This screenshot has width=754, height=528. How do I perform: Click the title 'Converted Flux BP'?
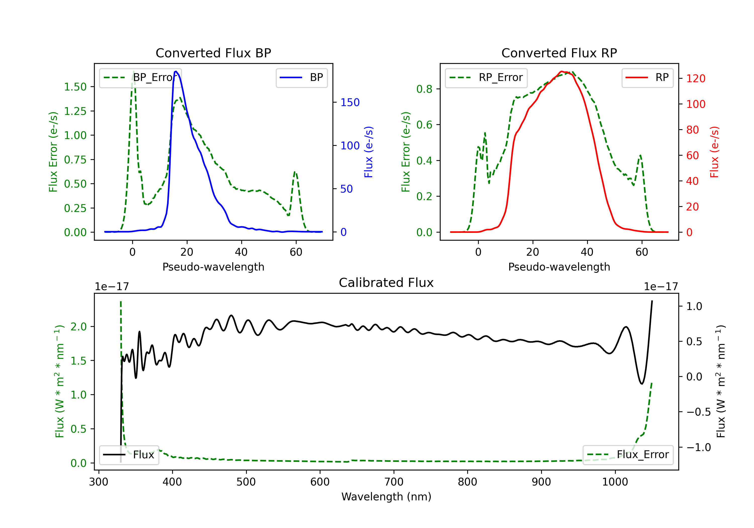(213, 53)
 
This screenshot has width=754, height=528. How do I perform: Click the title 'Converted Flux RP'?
(559, 53)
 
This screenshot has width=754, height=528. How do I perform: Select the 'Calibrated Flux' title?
(386, 283)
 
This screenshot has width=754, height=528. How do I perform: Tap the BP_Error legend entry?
(140, 77)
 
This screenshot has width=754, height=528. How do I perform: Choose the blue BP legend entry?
(301, 77)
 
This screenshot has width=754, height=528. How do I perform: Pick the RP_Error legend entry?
(486, 77)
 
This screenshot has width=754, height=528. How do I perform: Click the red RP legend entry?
(647, 77)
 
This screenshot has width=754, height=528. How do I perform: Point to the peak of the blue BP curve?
(176, 71)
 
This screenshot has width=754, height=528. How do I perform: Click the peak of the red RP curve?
(562, 71)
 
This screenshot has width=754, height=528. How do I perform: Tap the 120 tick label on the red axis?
(695, 78)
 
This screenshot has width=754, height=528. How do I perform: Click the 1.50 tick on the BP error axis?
(75, 87)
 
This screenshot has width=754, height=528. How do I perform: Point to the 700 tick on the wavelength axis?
(394, 482)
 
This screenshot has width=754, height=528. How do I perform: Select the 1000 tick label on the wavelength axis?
(615, 482)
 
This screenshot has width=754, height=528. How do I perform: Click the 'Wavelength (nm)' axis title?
(386, 497)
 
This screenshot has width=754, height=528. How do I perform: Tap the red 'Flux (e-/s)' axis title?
(715, 152)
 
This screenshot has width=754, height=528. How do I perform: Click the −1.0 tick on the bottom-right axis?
(698, 447)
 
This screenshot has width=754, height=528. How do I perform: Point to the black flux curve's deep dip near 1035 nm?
(642, 383)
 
